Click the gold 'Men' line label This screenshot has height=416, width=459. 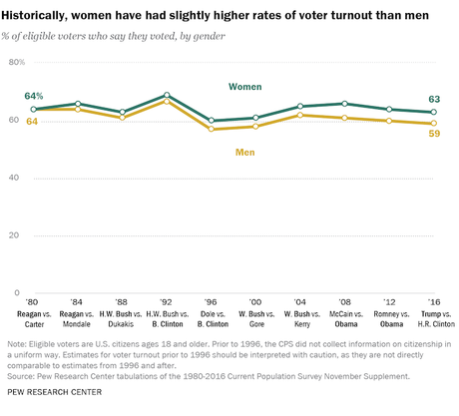tap(245, 153)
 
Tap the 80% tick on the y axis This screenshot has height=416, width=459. tap(16, 62)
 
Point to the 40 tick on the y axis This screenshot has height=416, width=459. tap(16, 178)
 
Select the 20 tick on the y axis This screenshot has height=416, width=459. tap(16, 235)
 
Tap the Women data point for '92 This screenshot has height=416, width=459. tap(166, 96)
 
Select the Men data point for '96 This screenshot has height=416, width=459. tap(211, 130)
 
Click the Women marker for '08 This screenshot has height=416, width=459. tap(344, 104)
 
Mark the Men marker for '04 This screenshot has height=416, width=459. tap(299, 115)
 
